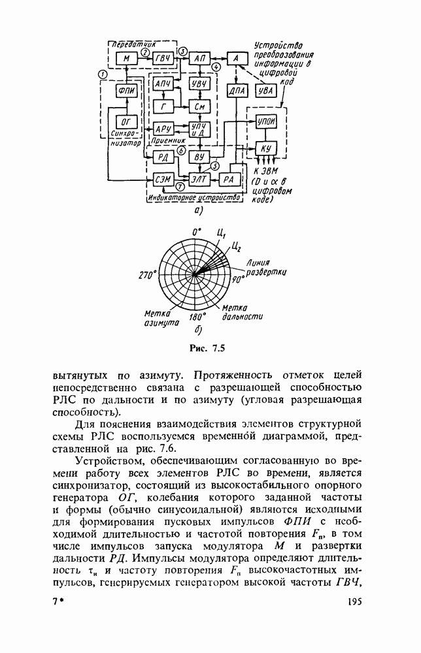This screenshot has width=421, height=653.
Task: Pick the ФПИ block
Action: point(127,92)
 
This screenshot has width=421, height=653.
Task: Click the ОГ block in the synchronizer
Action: point(127,121)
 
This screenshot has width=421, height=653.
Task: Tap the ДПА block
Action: point(236,92)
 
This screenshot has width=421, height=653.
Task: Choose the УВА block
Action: point(265,92)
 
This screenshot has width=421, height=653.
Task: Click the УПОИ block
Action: point(265,122)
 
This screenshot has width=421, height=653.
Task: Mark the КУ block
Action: point(265,150)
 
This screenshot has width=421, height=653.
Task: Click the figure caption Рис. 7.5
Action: point(207,348)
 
